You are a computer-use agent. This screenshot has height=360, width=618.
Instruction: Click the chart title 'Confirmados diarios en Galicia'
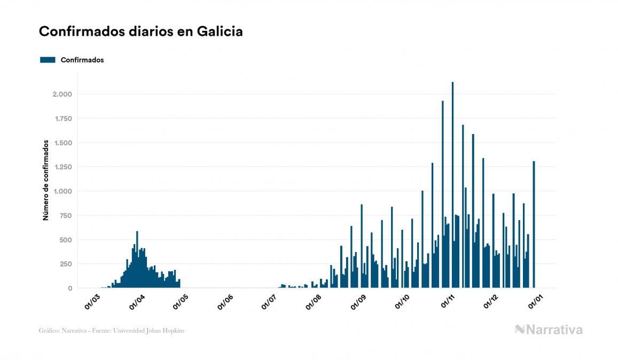(x=141, y=32)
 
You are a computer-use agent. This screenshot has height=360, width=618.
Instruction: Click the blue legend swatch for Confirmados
(x=48, y=60)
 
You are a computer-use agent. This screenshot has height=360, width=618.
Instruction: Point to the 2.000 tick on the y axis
(x=62, y=95)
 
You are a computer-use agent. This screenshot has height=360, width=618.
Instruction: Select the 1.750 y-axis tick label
(x=62, y=119)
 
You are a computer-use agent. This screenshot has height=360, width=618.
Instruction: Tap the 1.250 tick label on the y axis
(x=62, y=167)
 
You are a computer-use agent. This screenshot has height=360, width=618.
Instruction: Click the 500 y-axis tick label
(x=66, y=240)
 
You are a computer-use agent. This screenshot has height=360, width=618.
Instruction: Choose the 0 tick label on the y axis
(x=70, y=288)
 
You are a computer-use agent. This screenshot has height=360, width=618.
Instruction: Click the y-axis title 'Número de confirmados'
(x=46, y=181)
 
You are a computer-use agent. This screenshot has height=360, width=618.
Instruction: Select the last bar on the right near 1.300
(x=534, y=224)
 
